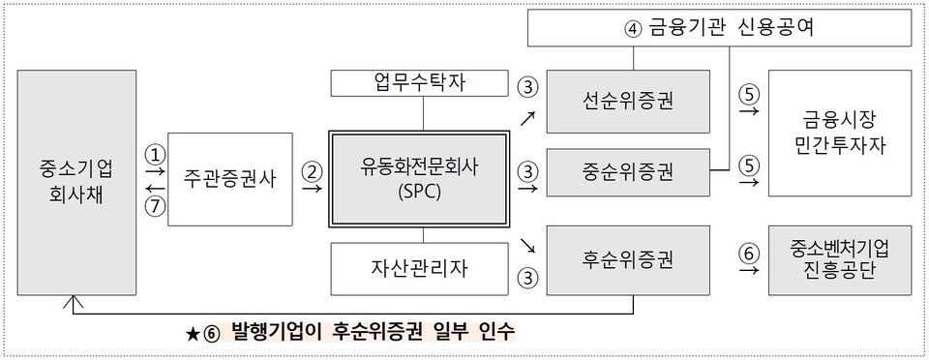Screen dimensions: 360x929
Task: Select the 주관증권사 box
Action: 229,179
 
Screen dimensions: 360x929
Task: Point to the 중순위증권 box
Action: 634,172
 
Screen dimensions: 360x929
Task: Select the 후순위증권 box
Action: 634,259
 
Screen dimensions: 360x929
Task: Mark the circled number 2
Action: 312,170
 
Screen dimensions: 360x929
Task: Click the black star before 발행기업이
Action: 193,334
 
